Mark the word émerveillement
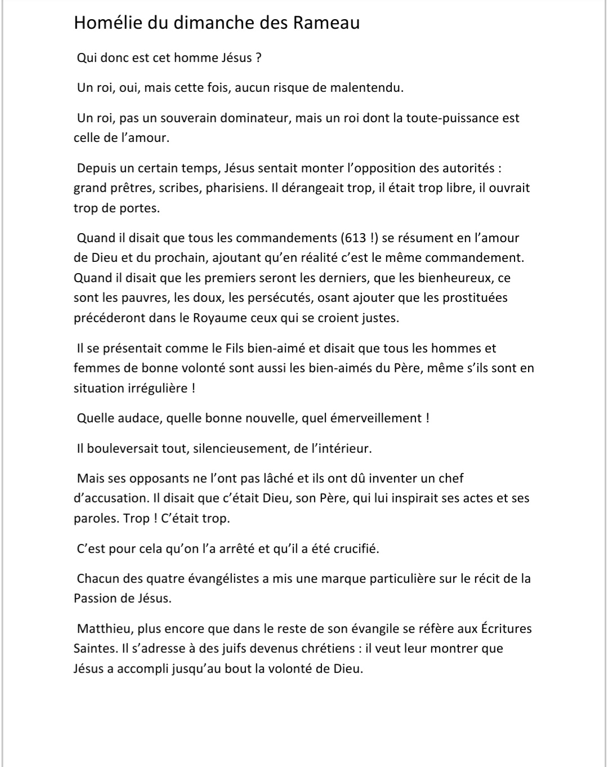(368, 418)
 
